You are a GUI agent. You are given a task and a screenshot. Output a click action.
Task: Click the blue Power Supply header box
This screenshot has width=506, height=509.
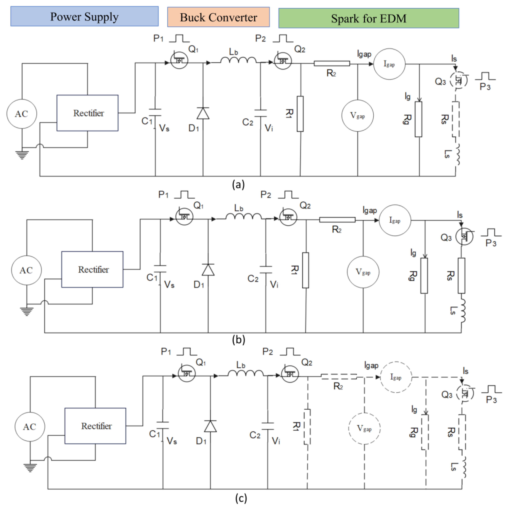coord(84,16)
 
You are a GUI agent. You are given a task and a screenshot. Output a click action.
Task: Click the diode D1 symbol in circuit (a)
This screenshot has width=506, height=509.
coord(203,113)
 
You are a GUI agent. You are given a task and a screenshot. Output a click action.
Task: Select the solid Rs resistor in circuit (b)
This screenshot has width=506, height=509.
coord(461,276)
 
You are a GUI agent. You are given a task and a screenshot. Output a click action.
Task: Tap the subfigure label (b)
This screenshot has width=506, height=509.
coord(239,340)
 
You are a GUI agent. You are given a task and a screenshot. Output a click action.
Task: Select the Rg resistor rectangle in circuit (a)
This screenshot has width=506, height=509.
coord(418,119)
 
